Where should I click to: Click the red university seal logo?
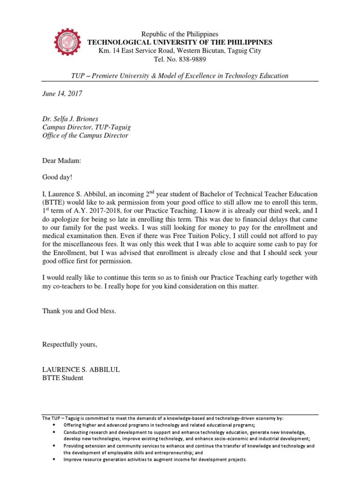coord(67,46)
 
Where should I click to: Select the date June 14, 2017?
coord(62,94)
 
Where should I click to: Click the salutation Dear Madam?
coord(62,161)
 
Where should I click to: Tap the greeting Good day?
coord(58,178)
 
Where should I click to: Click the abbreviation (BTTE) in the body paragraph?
coord(55,202)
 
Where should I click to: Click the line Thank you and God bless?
coord(79,311)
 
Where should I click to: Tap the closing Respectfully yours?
coord(70,345)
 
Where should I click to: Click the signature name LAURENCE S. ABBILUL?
coord(81,369)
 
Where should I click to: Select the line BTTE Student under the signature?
coord(63,378)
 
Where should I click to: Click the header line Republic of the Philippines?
coord(180,34)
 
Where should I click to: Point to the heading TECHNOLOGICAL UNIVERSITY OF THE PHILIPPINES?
coord(180,42)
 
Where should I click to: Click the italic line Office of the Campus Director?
coord(85,136)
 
